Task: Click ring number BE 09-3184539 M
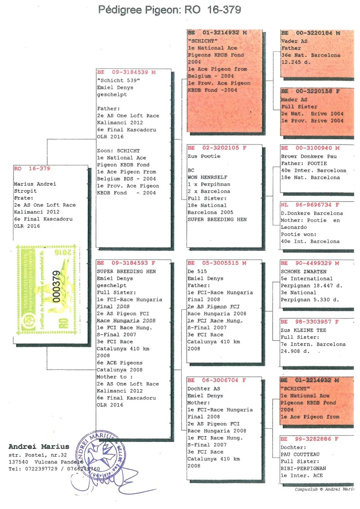pyautogui.click(x=126, y=72)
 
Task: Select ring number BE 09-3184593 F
pyautogui.click(x=126, y=263)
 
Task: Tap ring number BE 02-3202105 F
pyautogui.click(x=217, y=148)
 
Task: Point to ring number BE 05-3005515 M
pyautogui.click(x=217, y=263)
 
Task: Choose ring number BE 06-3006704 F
pyautogui.click(x=217, y=380)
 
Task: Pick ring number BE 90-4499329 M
pyautogui.click(x=310, y=263)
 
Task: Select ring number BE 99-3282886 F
pyautogui.click(x=310, y=439)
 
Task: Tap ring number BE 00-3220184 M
pyautogui.click(x=310, y=33)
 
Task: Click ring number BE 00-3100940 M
pyautogui.click(x=310, y=148)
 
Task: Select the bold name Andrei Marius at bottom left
pyautogui.click(x=39, y=447)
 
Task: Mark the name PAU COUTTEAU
pyautogui.click(x=299, y=454)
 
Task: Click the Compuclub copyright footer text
pyautogui.click(x=324, y=489)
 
